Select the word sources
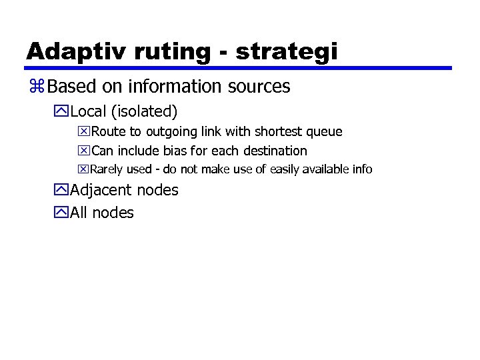[x=260, y=87]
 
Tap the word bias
[x=175, y=151]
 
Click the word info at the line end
[x=362, y=169]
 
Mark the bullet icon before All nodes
[x=62, y=213]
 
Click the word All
[x=79, y=213]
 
